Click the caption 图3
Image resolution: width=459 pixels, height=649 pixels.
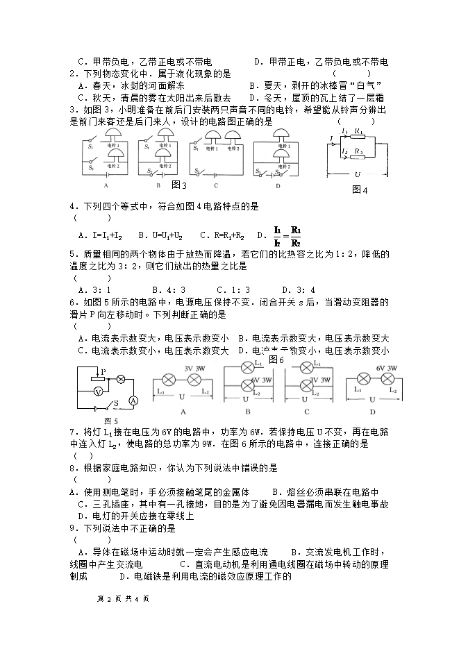click(179, 185)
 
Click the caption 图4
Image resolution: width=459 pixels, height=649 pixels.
click(360, 189)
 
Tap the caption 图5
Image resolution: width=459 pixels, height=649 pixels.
click(110, 420)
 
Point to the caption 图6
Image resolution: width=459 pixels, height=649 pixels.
click(276, 360)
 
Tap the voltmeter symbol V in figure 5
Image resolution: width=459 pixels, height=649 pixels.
click(99, 391)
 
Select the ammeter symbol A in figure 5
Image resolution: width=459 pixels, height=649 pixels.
click(135, 401)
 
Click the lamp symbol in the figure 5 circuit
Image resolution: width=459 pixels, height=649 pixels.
click(119, 379)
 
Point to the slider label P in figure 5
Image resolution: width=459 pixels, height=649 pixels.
click(102, 372)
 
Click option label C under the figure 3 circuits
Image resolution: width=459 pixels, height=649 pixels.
click(216, 185)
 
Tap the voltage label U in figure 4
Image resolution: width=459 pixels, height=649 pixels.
click(357, 175)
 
